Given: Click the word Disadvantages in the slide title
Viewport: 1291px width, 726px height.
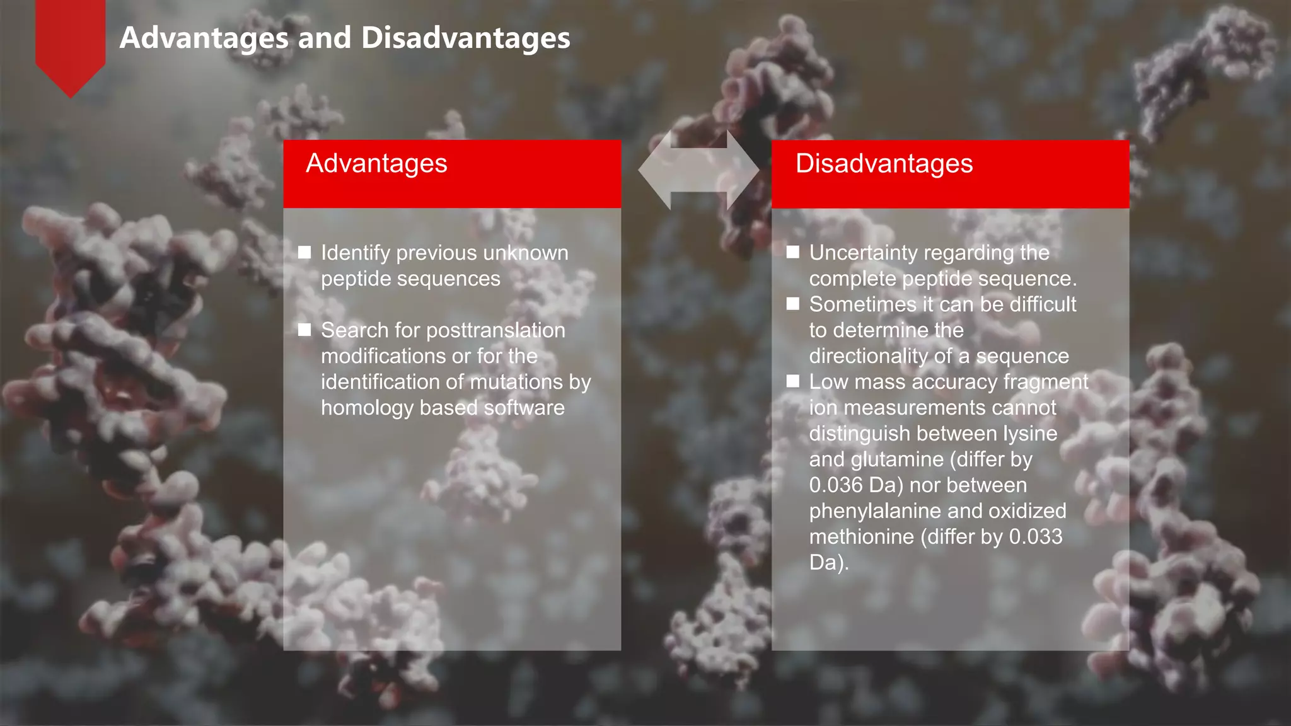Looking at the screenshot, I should tap(466, 38).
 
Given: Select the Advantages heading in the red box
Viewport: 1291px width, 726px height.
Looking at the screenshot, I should tap(376, 164).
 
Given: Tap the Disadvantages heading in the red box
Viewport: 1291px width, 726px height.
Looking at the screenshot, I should tap(884, 164).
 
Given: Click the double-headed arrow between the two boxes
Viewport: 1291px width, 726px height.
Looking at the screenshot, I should tap(698, 170).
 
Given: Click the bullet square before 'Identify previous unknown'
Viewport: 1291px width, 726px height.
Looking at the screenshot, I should tap(304, 253).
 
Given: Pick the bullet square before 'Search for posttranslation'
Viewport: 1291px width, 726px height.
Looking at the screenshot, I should tap(304, 330).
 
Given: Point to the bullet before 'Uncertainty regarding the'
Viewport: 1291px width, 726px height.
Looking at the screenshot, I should tap(793, 253).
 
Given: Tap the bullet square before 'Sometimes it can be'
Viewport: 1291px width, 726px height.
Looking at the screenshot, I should tap(793, 304).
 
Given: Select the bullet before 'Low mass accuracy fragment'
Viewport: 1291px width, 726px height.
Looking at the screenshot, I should tap(793, 381).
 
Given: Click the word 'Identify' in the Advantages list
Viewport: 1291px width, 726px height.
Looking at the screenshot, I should tap(356, 253).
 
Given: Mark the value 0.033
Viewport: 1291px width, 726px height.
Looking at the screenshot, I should tap(1036, 537).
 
